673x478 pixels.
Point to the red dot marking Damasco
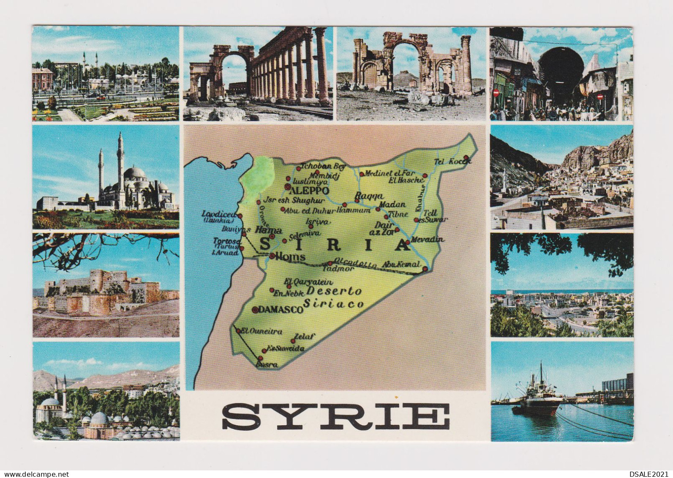[x=255, y=310]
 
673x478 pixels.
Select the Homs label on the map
[x=290, y=257]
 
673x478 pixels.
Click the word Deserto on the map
[x=334, y=291]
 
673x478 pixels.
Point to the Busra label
[x=267, y=365]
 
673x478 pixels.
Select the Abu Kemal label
[x=401, y=265]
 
